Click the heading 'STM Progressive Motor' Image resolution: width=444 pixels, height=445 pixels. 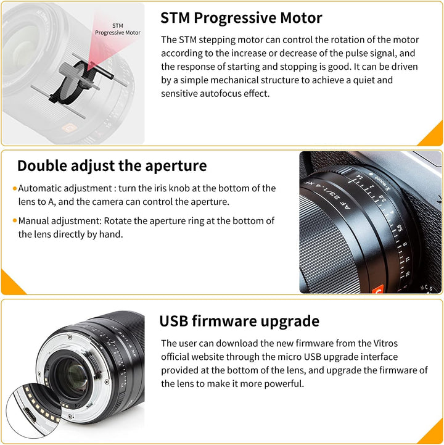(x=240, y=17)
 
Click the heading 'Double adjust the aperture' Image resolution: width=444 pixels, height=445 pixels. (x=112, y=165)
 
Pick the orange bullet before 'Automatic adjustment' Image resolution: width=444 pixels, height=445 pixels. (x=14, y=188)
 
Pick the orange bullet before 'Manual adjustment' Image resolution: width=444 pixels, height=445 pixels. (x=14, y=220)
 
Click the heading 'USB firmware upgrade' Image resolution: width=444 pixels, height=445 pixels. (x=239, y=321)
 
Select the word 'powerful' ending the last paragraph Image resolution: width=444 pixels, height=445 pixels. (x=281, y=384)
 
